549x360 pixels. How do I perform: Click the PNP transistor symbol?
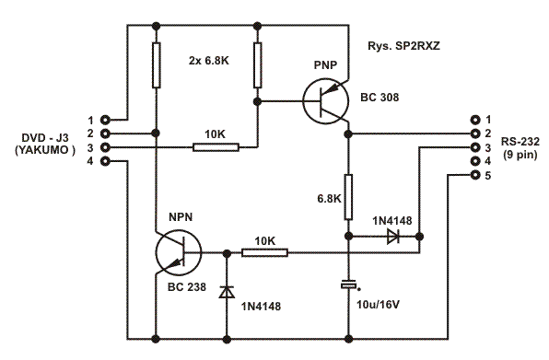click(x=325, y=102)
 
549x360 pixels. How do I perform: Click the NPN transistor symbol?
click(x=179, y=252)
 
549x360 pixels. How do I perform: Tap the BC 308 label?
click(x=380, y=97)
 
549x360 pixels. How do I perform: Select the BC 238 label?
click(x=187, y=287)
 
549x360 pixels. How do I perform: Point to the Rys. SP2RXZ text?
click(x=403, y=46)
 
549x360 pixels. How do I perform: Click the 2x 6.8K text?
click(x=209, y=61)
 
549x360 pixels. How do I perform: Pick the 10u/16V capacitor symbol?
click(x=349, y=285)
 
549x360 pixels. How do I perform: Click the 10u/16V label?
click(x=379, y=305)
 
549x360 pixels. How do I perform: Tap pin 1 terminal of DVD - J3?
click(x=105, y=120)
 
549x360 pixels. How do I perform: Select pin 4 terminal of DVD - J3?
click(x=105, y=161)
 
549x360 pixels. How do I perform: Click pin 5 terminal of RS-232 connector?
click(x=475, y=175)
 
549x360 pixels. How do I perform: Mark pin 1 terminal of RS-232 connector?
click(x=475, y=120)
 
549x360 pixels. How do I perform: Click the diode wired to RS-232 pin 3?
click(x=393, y=237)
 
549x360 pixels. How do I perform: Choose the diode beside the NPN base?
click(x=227, y=292)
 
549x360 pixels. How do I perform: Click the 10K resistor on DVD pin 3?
click(x=216, y=147)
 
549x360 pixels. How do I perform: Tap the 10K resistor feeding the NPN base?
click(x=264, y=252)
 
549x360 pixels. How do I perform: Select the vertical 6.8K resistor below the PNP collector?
click(x=348, y=197)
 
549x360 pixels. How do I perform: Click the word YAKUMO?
click(x=44, y=150)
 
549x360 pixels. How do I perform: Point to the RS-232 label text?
click(x=520, y=142)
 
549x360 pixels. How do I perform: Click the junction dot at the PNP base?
click(x=257, y=102)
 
